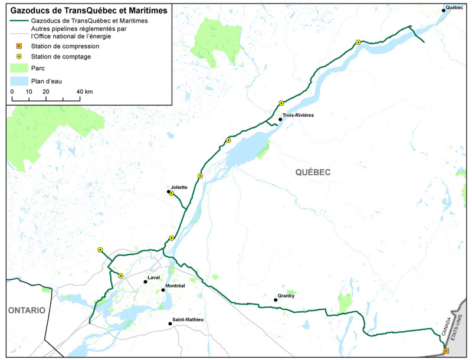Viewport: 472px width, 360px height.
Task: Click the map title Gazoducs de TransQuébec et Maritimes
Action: tap(88, 10)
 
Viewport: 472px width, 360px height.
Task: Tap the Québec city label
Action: tap(454, 7)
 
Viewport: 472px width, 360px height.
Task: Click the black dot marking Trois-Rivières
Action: tap(281, 119)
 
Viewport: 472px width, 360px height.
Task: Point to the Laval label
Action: tap(153, 277)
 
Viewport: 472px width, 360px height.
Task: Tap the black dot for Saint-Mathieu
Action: tap(170, 323)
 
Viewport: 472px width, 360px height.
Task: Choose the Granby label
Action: tap(286, 296)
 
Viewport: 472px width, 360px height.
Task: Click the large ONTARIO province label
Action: tap(26, 310)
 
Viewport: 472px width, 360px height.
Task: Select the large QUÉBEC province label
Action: tap(313, 172)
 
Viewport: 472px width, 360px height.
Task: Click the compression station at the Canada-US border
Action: tap(446, 351)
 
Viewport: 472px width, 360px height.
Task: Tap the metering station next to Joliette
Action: tap(172, 194)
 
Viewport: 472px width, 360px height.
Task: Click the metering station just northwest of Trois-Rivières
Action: tap(281, 103)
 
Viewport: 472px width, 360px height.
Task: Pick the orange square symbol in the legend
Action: tap(19, 46)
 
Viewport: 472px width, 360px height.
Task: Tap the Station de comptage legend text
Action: tap(58, 57)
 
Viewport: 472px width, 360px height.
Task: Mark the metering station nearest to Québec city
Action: tap(358, 42)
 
